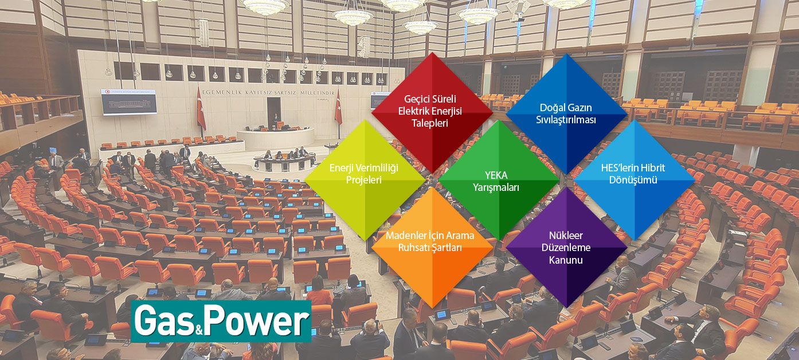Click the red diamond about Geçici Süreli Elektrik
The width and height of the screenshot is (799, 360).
pos(432,113)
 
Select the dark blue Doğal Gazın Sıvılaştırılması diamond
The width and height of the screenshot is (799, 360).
pos(566,114)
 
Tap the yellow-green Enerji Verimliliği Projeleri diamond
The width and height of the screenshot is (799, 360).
pos(365,180)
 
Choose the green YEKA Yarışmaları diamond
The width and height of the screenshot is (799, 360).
pos(499,180)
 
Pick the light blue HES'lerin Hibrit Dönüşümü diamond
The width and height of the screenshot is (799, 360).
pos(634,180)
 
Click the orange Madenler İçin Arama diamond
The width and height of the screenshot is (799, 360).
pos(432,248)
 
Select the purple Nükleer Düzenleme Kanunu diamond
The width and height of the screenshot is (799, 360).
pos(566,248)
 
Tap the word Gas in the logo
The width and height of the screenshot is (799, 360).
pos(164,322)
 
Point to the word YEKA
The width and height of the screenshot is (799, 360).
pos(496,175)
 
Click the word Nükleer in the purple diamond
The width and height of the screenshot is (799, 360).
pos(566,236)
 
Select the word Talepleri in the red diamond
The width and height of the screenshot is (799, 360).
pos(429,123)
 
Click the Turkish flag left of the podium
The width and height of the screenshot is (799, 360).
pos(201,108)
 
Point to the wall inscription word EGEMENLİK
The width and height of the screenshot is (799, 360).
pos(221,92)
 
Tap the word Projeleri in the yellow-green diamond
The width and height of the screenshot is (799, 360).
pos(364,180)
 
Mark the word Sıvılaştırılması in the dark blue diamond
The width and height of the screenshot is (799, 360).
pos(566,120)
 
